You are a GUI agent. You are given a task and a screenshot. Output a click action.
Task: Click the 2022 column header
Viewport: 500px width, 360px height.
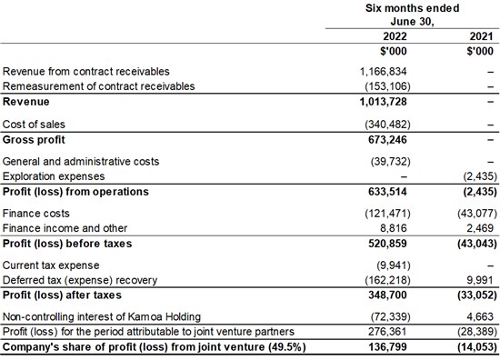395,36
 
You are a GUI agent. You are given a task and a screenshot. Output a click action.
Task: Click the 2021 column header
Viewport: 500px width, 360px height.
481,36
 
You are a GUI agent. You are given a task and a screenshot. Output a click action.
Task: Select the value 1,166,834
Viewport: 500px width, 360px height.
384,72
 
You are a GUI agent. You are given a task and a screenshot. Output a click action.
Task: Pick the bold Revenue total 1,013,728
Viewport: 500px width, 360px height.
384,102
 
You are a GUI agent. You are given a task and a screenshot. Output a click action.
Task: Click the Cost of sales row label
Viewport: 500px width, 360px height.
34,124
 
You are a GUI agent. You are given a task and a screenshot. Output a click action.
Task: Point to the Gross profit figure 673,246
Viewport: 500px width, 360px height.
387,140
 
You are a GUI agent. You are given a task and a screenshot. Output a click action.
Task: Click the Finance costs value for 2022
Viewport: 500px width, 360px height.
388,213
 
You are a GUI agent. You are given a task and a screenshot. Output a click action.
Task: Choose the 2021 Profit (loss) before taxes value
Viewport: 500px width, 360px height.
477,244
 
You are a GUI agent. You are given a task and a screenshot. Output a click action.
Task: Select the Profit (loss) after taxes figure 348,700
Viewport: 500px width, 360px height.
387,295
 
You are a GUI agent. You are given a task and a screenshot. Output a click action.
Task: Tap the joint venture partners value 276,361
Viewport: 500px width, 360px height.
387,332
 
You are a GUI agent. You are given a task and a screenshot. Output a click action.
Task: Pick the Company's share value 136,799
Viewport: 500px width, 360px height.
387,346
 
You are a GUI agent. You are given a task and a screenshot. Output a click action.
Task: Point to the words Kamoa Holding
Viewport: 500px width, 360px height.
165,316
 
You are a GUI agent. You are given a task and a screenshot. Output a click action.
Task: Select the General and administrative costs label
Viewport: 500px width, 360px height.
81,161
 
